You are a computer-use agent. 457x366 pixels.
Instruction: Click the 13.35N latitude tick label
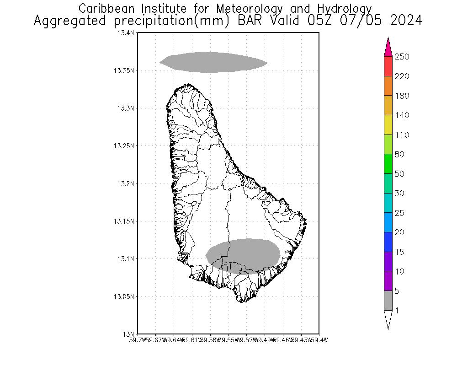[x=124, y=71]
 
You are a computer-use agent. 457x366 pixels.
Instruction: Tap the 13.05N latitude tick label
[x=124, y=297]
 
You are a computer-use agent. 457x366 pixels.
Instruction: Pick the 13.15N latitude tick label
[x=124, y=221]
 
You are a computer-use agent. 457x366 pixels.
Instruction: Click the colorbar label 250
[x=402, y=57]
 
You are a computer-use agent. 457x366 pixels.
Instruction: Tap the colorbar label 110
[x=402, y=135]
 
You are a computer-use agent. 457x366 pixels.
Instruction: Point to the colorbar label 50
[x=399, y=174]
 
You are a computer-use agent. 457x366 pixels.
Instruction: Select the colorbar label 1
[x=397, y=311]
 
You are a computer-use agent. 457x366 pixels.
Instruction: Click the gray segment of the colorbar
[x=388, y=301]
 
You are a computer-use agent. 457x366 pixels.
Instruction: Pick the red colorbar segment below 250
[x=388, y=66]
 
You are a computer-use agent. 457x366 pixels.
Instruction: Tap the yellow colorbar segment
[x=388, y=125]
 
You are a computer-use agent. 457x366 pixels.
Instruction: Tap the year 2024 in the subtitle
[x=406, y=21]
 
